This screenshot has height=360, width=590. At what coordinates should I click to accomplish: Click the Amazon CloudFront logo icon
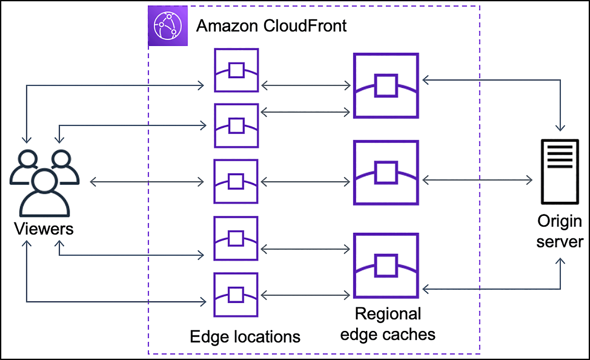coord(168,26)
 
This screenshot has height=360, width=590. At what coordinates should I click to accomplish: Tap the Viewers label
coord(44,229)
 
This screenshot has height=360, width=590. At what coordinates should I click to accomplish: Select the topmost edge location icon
coord(236,70)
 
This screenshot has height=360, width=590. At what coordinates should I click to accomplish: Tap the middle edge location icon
coord(236,181)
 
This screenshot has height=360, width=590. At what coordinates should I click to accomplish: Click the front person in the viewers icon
coord(44,194)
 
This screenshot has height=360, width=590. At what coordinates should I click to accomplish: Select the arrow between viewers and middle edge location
coord(147,181)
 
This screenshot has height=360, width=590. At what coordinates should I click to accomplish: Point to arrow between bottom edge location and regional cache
coord(306,294)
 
